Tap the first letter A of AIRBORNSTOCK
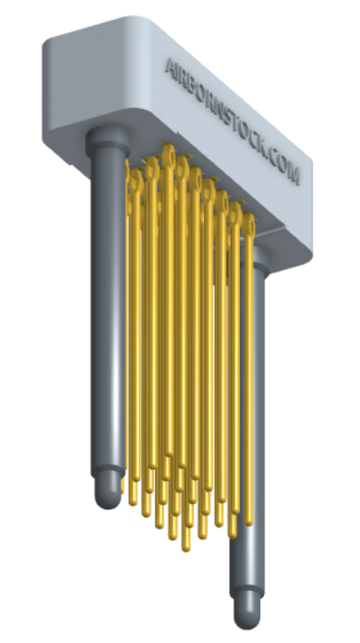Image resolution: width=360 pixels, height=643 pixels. point(170,67)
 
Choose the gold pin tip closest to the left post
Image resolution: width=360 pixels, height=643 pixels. point(134,500)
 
